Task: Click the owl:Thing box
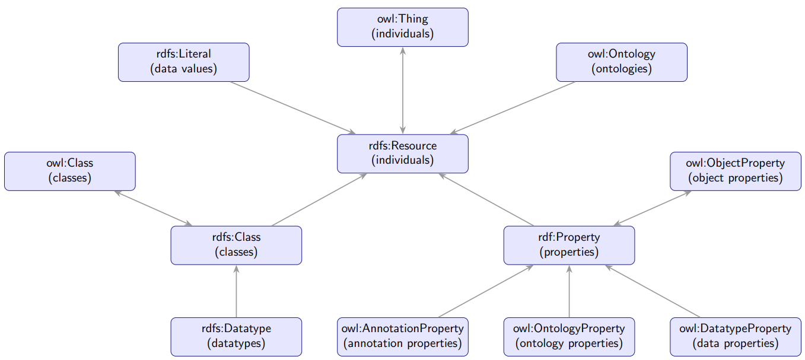tap(403, 27)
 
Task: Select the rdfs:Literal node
tap(184, 62)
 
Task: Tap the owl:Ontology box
tap(621, 62)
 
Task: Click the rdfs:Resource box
tap(403, 153)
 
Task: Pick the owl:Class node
tap(70, 171)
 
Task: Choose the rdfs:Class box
tap(236, 245)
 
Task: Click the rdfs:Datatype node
tap(236, 336)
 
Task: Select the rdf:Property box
tap(569, 245)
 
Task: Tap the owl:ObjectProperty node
tap(735, 171)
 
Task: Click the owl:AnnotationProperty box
tap(403, 336)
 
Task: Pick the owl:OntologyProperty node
tap(569, 336)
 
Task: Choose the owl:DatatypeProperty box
tap(735, 336)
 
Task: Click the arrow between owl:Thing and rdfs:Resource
tap(403, 90)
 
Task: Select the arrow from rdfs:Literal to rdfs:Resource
tap(293, 107)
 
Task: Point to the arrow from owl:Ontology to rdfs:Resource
tap(513, 107)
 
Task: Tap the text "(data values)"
tap(184, 69)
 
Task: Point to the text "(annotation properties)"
tap(403, 343)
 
